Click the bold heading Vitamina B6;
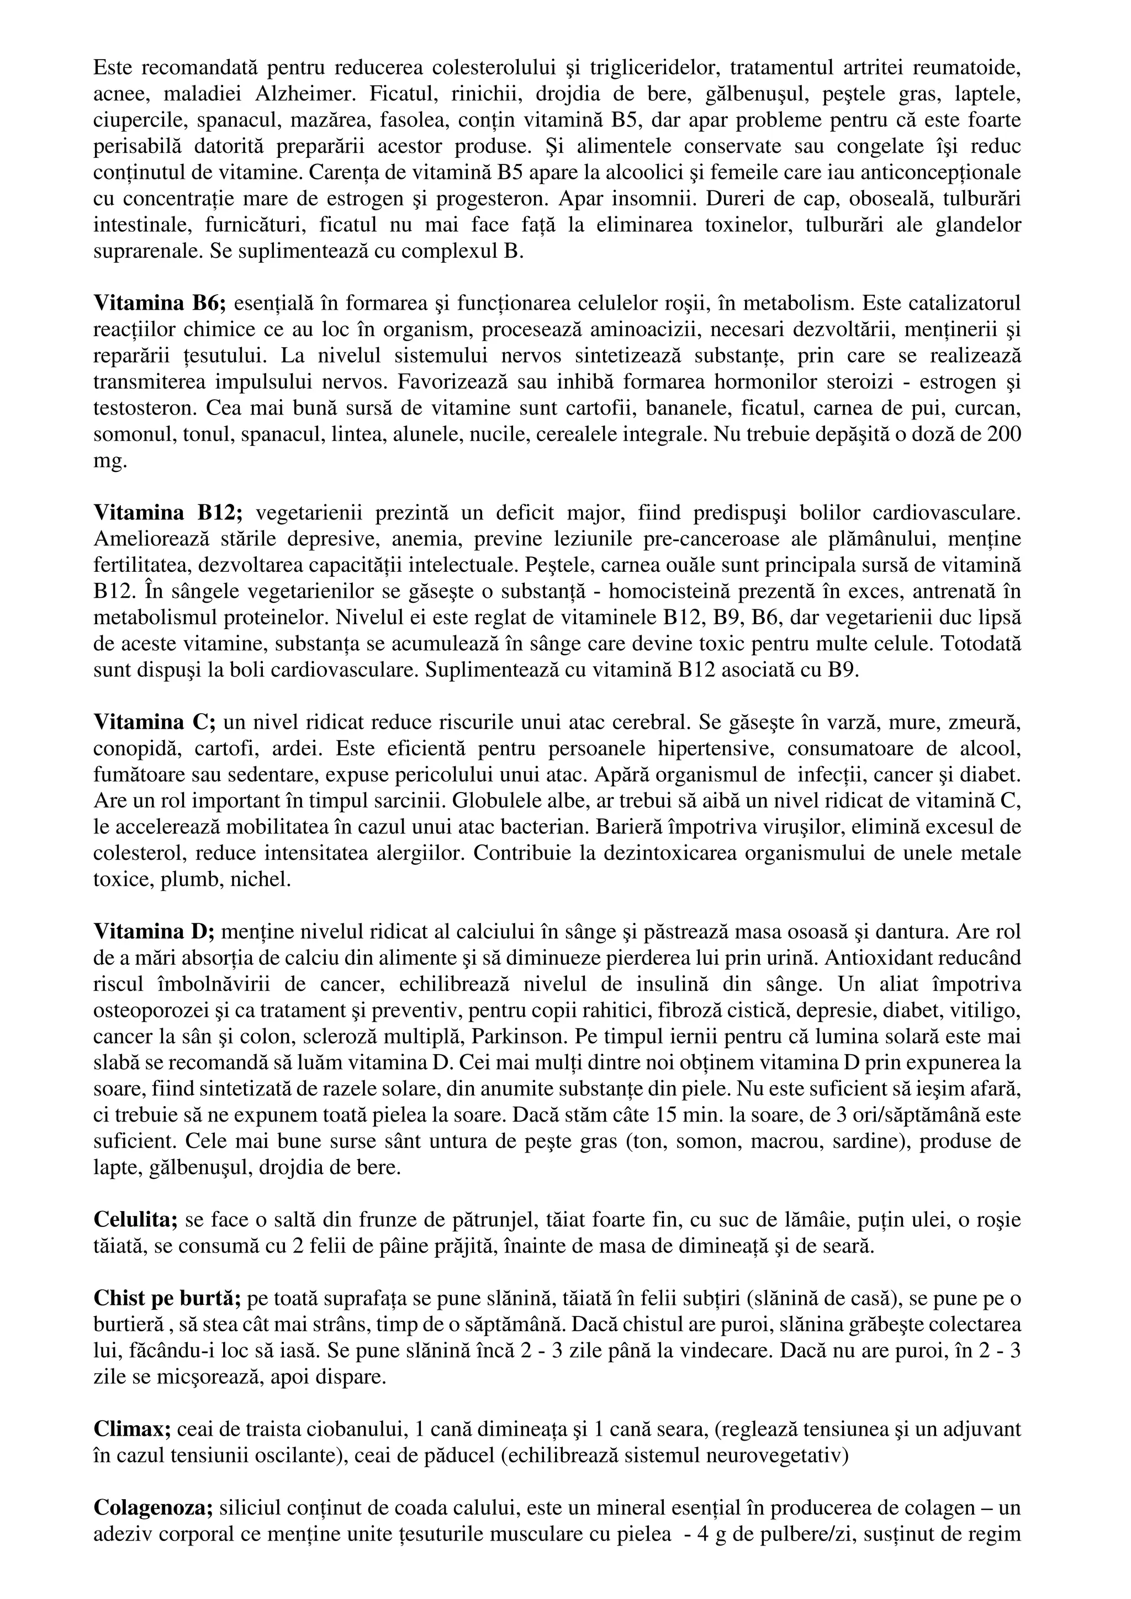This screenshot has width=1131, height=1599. [x=160, y=304]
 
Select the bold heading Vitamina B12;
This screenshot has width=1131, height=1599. [x=168, y=514]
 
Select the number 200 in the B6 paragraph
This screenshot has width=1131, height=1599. [x=1005, y=434]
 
